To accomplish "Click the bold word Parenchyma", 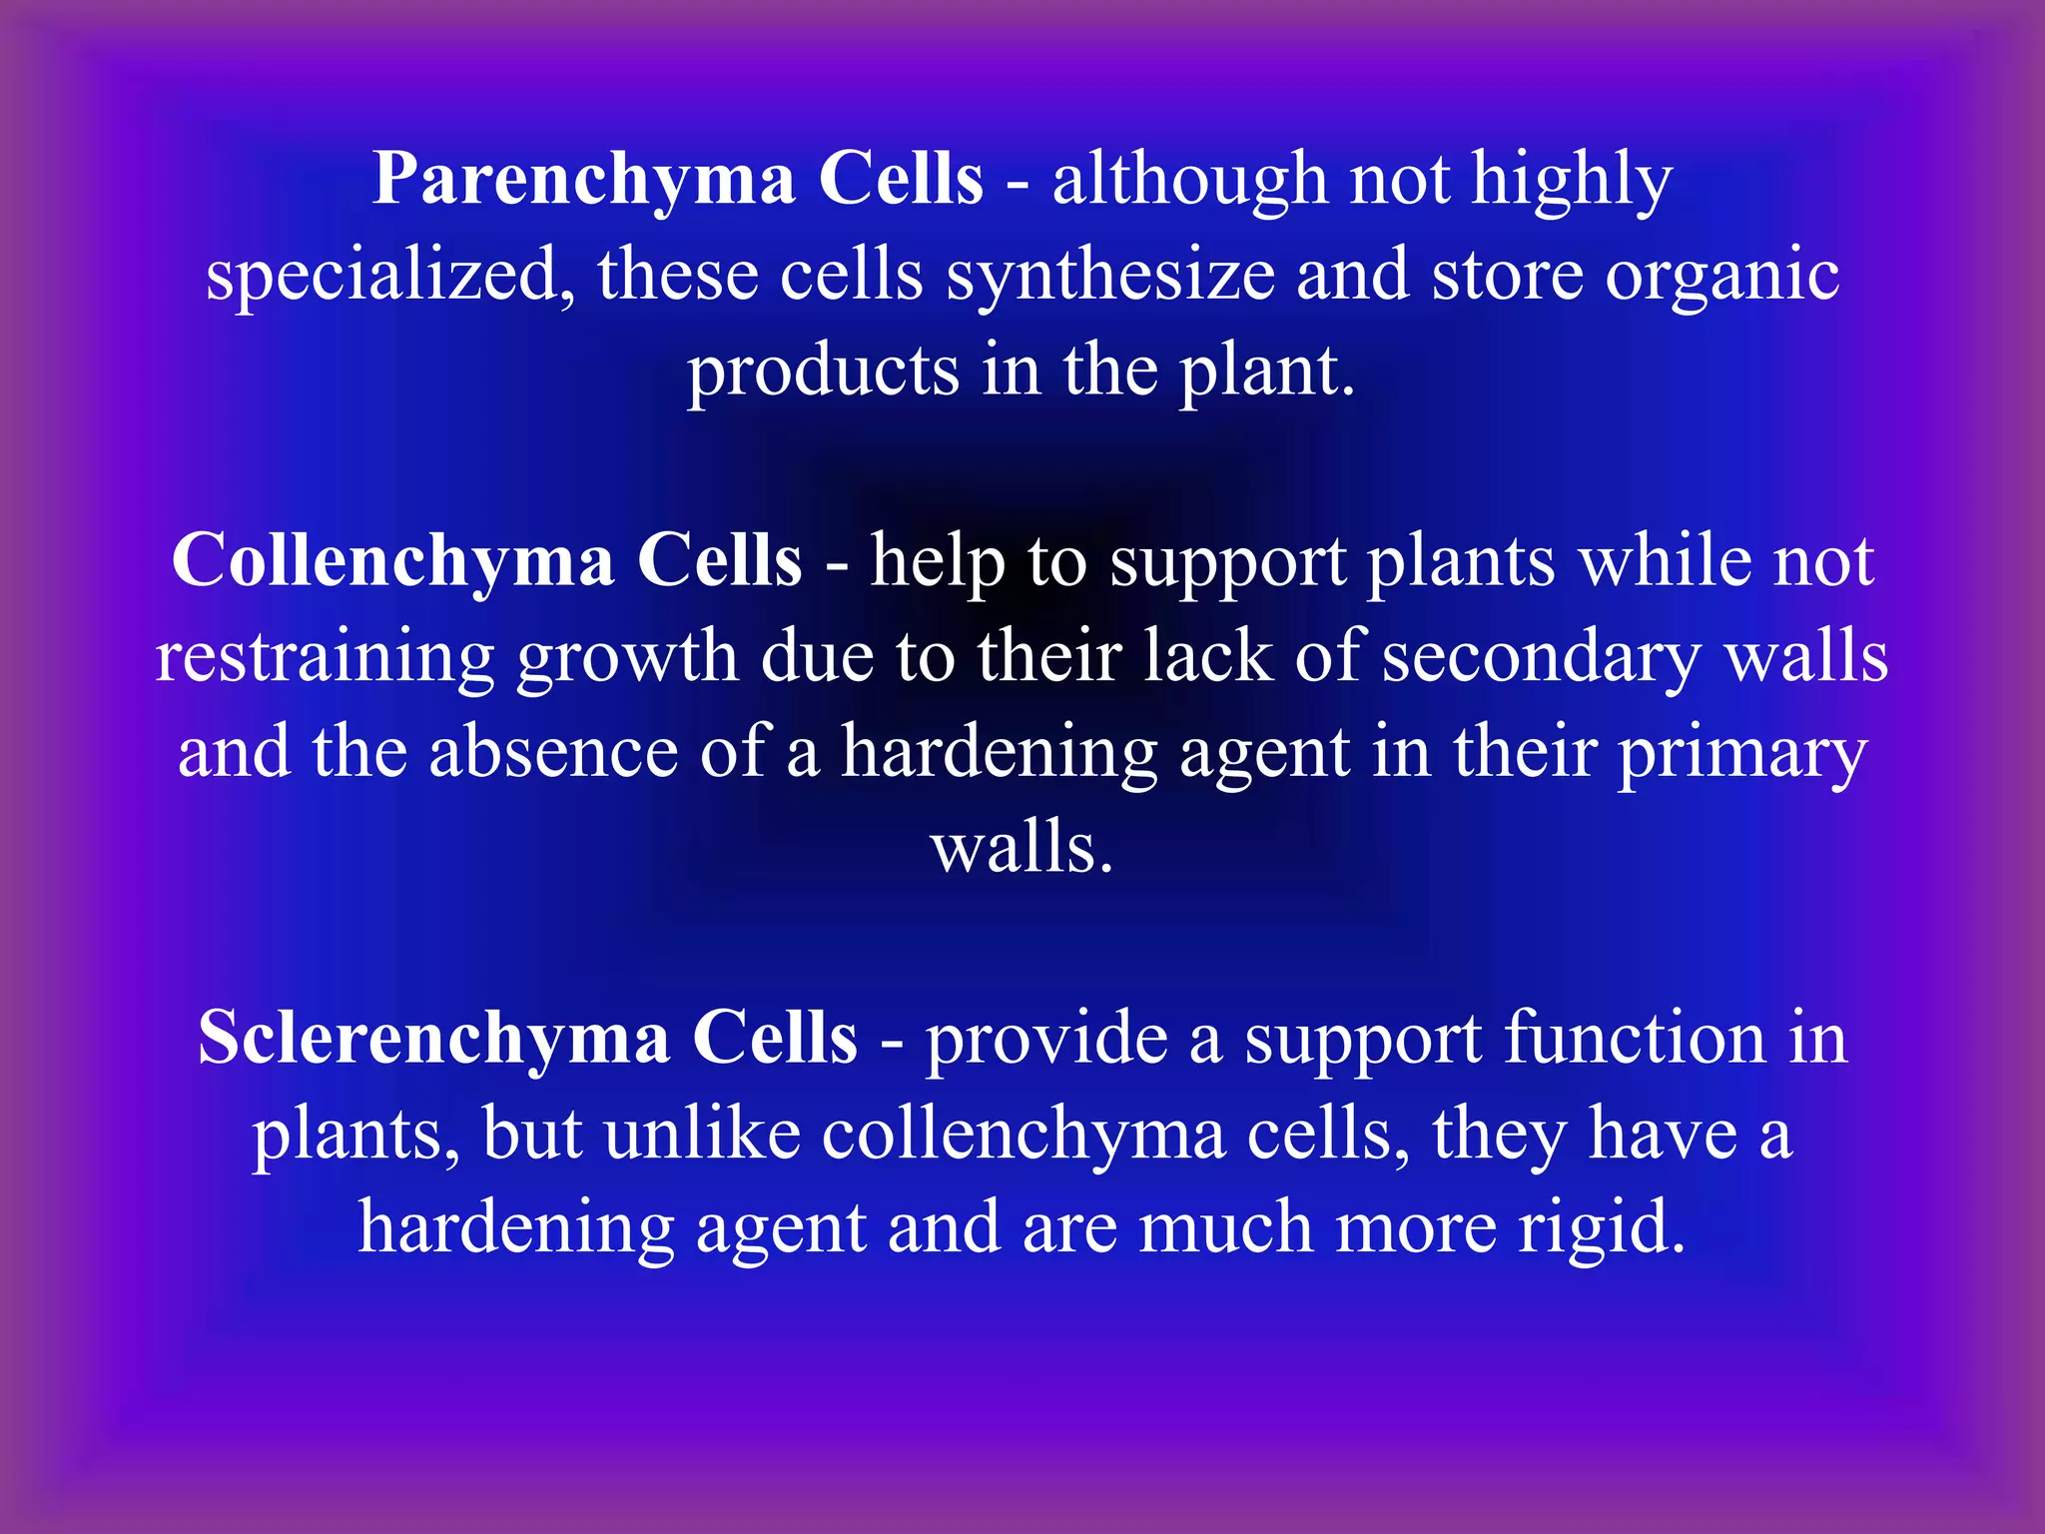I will pyautogui.click(x=583, y=180).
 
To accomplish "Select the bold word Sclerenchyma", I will pyautogui.click(x=433, y=1039).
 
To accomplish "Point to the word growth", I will pyautogui.click(x=627, y=659).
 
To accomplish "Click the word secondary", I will pyautogui.click(x=1543, y=659).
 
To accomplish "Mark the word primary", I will pyautogui.click(x=1741, y=755).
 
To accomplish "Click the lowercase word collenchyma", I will pyautogui.click(x=1023, y=1137).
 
